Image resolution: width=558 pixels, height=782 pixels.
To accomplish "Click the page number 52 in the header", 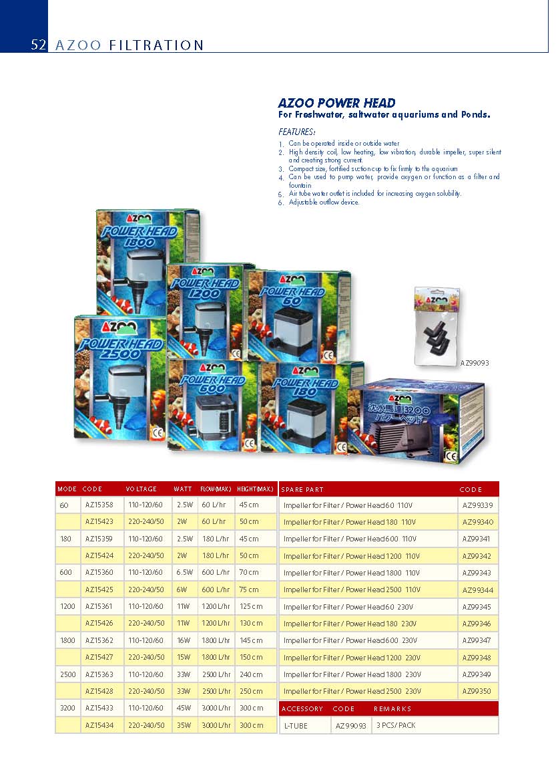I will tap(38, 45).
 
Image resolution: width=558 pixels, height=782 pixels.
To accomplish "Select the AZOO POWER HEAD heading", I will tap(336, 103).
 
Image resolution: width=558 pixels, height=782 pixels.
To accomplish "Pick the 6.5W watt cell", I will tap(185, 573).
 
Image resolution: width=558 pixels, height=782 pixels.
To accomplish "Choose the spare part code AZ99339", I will tap(477, 505).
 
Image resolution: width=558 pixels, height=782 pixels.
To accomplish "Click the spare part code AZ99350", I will tap(477, 692).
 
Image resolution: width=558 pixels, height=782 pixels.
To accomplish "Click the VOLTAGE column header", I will tap(141, 489).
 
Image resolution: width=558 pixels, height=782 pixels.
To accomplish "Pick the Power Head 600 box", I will tap(212, 404).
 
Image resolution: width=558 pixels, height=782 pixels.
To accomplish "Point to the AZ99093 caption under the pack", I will tap(475, 363).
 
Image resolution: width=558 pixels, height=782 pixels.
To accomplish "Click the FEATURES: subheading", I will tap(296, 132).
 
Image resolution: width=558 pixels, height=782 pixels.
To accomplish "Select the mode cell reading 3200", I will tap(68, 708).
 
